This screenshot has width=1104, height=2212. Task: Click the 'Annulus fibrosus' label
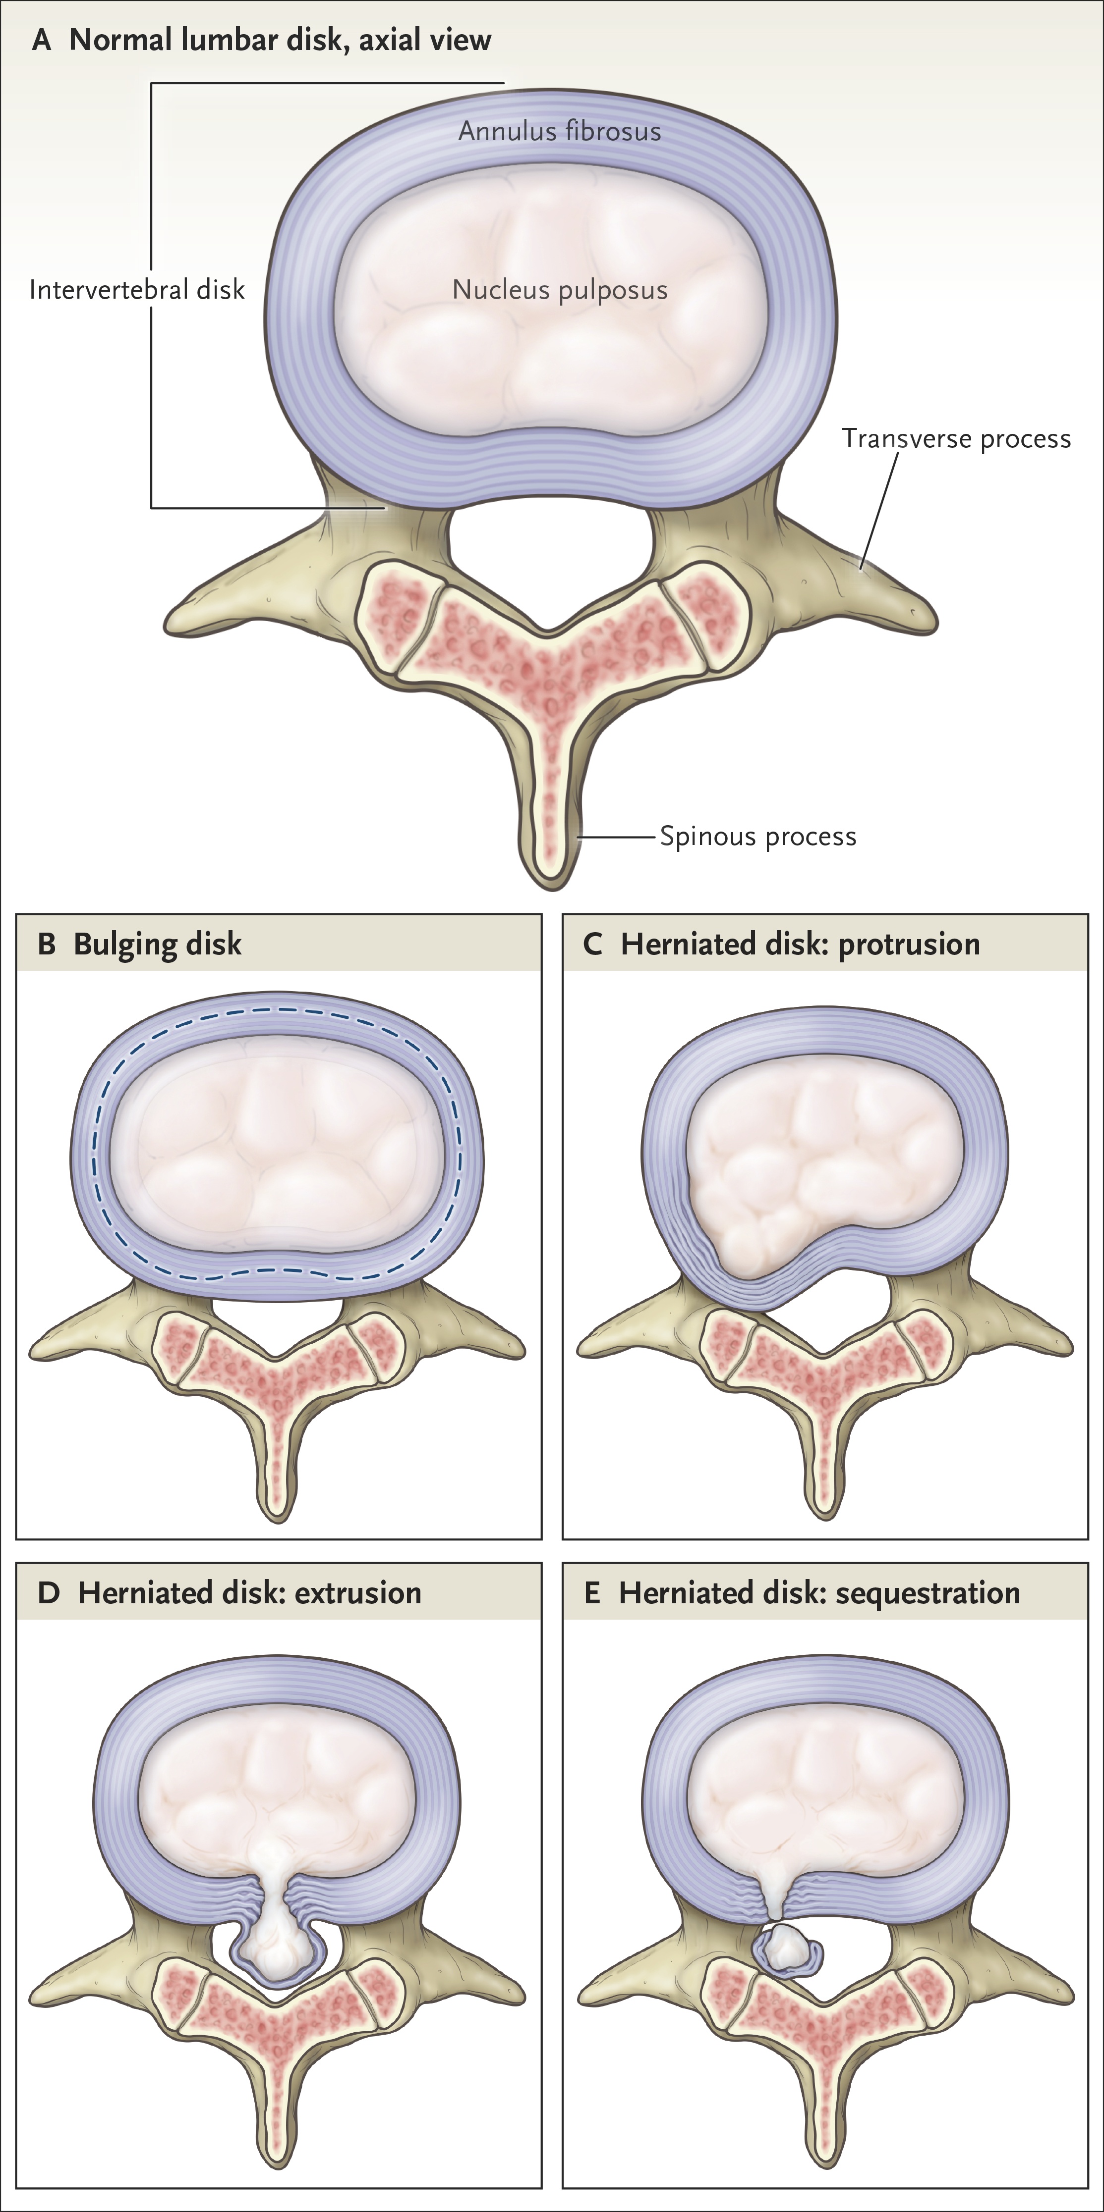coord(559,131)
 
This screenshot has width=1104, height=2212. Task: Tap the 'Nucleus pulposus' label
coord(559,290)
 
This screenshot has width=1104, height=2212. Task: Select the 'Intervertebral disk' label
coord(137,290)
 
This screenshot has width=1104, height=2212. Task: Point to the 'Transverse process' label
coord(955,439)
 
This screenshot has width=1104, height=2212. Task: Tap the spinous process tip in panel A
coord(551,880)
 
